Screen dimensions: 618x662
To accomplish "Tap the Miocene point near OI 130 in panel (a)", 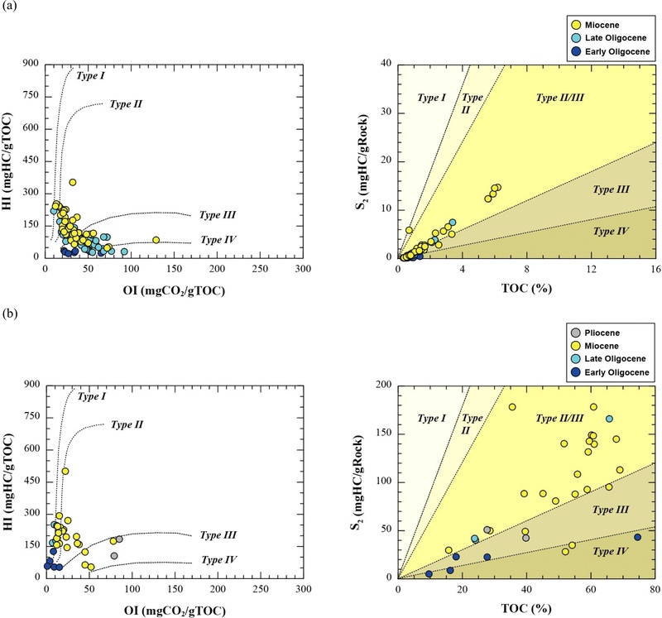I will point(156,240).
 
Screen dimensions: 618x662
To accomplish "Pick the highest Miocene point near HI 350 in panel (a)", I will point(73,182).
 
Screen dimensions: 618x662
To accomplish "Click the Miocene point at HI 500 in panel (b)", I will point(65,471).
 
